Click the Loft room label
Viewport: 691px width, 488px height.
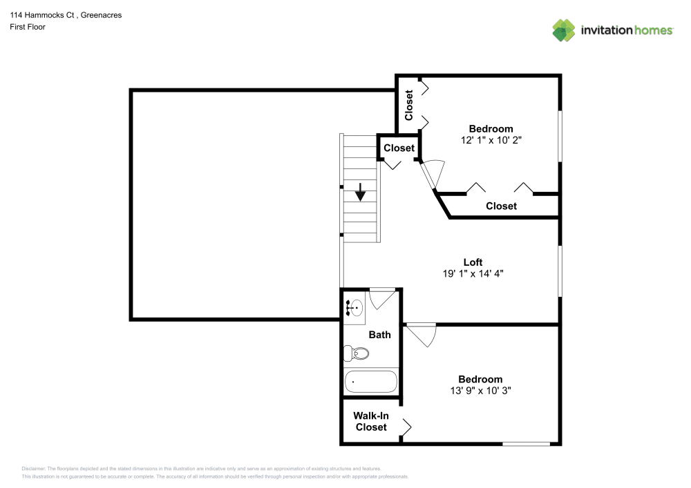473,262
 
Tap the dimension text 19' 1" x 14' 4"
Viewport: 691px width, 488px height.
473,273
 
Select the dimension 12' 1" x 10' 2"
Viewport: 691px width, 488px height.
491,139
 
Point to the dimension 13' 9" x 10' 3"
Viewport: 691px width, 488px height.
480,390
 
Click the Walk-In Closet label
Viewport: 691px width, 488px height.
371,421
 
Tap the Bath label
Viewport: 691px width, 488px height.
379,335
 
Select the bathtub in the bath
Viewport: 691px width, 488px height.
371,381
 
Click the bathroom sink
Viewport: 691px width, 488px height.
356,308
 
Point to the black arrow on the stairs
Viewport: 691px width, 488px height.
360,193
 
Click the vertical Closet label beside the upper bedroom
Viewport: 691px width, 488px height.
409,105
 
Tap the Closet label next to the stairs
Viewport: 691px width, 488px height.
399,148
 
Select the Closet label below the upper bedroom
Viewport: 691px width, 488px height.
501,206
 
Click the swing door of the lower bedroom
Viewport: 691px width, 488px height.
422,335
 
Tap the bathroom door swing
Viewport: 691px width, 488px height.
383,298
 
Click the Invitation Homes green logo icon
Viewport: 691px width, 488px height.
564,30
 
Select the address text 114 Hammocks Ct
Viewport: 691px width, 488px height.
46,15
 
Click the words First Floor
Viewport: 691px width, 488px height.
28,27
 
